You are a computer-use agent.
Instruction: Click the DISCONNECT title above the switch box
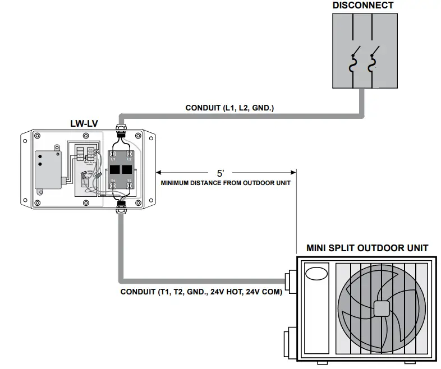(x=362, y=6)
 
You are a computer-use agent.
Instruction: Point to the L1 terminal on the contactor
(x=113, y=159)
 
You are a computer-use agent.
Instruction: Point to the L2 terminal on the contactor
(x=129, y=159)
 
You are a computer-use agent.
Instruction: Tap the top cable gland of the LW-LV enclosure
(x=120, y=131)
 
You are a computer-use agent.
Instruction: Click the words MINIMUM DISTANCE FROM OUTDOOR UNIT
(x=226, y=183)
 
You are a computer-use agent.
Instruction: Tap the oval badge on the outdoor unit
(x=316, y=274)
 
